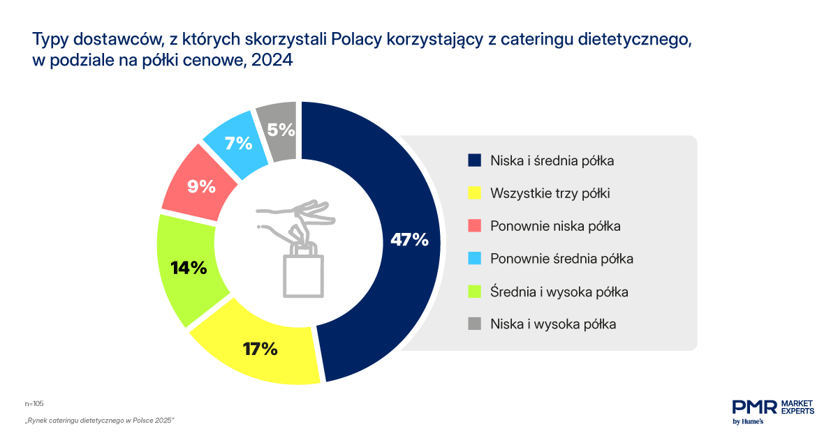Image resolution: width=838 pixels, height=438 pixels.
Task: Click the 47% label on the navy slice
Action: click(409, 239)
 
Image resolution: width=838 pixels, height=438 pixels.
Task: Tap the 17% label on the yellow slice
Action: click(260, 349)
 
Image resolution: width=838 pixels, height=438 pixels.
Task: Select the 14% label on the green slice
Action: click(189, 268)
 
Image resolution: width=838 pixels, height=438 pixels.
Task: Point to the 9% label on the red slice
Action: click(201, 186)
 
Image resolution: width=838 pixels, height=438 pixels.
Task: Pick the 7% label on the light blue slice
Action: click(238, 143)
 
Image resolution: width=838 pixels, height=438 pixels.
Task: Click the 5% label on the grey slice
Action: click(281, 130)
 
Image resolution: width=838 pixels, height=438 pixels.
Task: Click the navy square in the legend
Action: click(474, 160)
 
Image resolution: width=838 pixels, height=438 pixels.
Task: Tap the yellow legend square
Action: click(474, 192)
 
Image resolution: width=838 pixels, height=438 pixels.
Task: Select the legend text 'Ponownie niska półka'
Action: click(555, 226)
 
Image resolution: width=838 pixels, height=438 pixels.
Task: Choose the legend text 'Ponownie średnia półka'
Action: click(561, 259)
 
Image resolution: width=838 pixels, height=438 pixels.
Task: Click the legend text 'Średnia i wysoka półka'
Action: click(559, 292)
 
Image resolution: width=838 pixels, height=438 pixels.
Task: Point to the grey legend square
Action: click(474, 324)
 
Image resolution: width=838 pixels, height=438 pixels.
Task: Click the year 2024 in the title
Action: click(272, 60)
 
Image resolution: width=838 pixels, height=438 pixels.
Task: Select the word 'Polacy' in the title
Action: click(357, 40)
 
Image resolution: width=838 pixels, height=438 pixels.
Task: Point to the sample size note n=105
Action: click(34, 404)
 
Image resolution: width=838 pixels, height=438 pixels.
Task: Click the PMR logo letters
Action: click(754, 407)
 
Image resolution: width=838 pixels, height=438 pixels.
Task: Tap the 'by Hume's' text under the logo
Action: click(748, 421)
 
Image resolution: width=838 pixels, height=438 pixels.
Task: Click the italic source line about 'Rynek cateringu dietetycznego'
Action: click(99, 421)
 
